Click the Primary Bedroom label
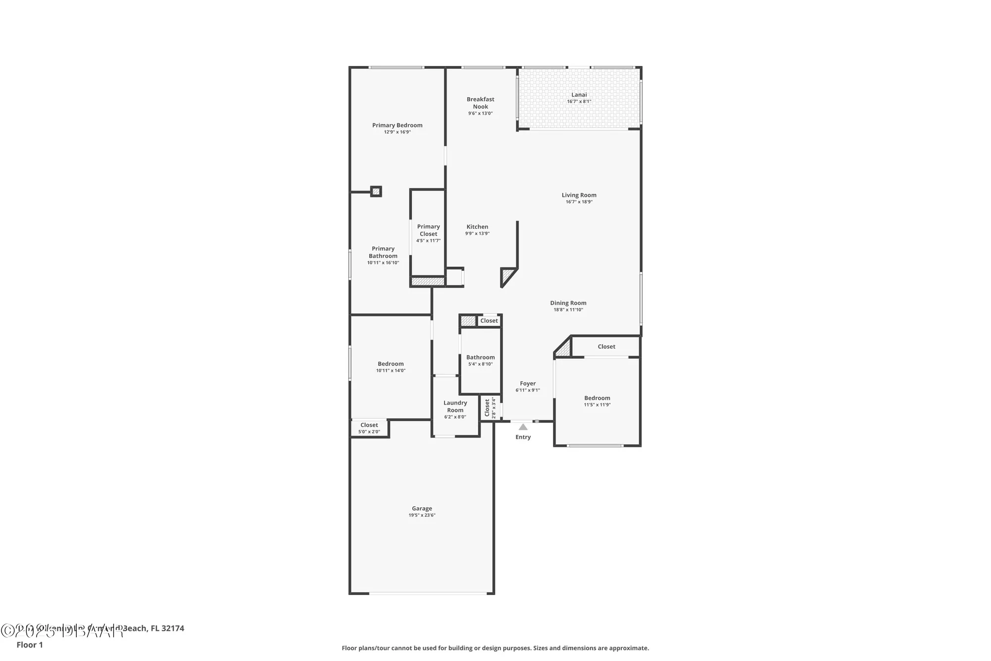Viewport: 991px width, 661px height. (397, 125)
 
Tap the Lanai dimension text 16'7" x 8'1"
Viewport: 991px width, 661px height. (579, 102)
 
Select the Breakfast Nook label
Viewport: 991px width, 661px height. (480, 103)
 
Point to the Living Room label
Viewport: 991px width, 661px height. (579, 195)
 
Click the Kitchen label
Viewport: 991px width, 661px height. (477, 227)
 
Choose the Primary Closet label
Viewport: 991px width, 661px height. (428, 230)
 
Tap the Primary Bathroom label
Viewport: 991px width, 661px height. (383, 252)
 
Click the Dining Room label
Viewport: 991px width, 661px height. (568, 303)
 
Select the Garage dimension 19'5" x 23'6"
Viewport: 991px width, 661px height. (422, 515)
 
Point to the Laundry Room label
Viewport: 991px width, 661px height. (455, 406)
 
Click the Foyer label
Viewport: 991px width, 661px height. (528, 383)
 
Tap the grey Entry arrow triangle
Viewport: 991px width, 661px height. (523, 427)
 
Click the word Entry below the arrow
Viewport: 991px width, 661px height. (523, 437)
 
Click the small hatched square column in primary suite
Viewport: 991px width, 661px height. (376, 191)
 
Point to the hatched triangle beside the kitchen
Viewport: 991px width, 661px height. (507, 275)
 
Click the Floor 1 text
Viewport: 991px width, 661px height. (30, 645)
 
